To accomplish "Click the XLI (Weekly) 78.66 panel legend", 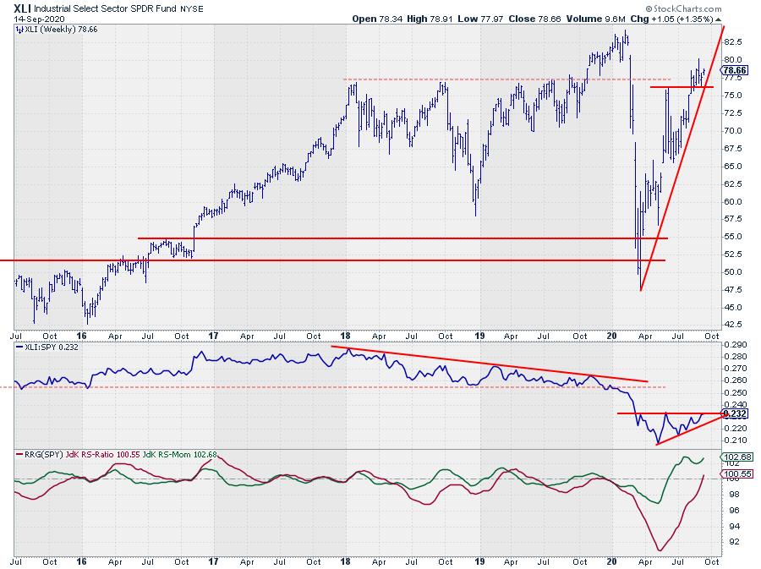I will click(x=54, y=30).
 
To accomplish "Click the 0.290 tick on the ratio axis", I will click(x=735, y=345).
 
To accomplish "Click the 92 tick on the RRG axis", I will click(x=729, y=541).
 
